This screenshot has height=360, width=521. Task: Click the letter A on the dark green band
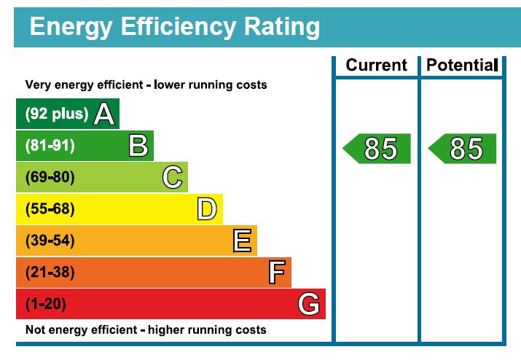click(x=104, y=114)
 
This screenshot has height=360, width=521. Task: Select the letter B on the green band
click(x=138, y=146)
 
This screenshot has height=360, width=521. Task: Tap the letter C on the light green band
click(x=172, y=178)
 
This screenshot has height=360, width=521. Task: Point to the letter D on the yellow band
click(x=207, y=210)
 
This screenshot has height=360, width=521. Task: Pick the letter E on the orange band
click(x=242, y=240)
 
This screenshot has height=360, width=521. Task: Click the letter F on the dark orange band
click(x=276, y=273)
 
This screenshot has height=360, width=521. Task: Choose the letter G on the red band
click(x=309, y=304)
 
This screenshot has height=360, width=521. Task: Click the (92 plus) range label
click(x=57, y=114)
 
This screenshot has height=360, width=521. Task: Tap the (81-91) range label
click(x=50, y=146)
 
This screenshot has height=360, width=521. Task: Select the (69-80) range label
click(x=50, y=178)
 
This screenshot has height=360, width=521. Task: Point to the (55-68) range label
click(x=50, y=210)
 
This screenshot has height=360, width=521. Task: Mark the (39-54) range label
click(x=50, y=241)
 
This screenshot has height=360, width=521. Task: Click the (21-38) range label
click(x=50, y=273)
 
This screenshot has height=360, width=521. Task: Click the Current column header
click(x=376, y=66)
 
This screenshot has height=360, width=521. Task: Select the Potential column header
click(x=461, y=66)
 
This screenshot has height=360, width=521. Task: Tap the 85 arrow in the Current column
click(x=377, y=149)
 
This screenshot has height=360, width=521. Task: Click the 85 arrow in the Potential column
click(x=463, y=149)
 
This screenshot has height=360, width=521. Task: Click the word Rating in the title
click(x=281, y=28)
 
